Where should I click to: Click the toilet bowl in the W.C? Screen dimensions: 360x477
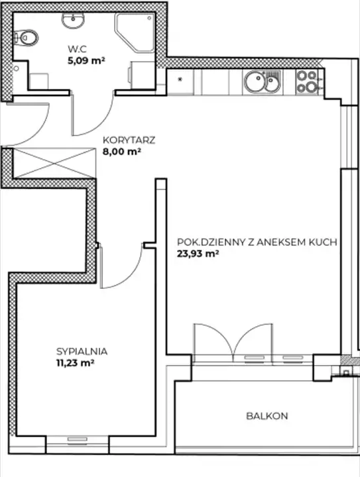tap(27, 38)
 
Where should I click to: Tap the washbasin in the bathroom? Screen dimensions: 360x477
tap(73, 21)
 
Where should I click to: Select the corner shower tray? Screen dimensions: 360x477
tap(135, 32)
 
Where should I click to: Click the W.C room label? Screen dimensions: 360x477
tap(78, 48)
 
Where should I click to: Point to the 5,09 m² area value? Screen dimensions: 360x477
tap(86, 60)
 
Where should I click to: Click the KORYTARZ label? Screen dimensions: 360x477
tap(129, 140)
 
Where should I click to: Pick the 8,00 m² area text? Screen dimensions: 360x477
tap(122, 152)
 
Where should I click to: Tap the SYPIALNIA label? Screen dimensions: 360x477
tap(82, 351)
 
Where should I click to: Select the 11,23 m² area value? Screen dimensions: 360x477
tap(75, 363)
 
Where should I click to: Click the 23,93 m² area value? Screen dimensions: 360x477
tap(198, 253)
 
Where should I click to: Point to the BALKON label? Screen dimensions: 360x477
tap(267, 416)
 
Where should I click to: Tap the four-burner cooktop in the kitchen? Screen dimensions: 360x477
tap(307, 82)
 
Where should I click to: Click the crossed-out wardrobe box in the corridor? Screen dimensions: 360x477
tap(54, 163)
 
